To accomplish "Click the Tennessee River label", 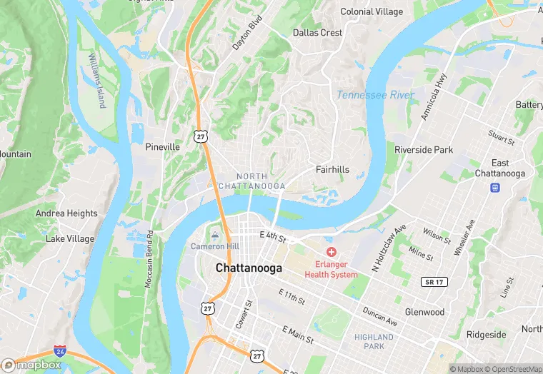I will (375, 95).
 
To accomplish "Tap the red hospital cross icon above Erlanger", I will (332, 252).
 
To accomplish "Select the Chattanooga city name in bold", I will (249, 268).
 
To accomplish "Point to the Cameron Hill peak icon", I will (215, 236).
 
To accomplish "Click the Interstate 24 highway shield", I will (61, 352).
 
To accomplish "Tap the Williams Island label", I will (96, 80).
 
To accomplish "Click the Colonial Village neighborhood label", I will (372, 11).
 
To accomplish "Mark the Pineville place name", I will (162, 146).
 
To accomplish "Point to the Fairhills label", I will (333, 169).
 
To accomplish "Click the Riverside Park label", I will (424, 150).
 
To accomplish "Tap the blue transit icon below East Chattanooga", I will (494, 188).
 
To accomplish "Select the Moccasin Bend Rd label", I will (149, 258).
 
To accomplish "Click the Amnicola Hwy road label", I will (433, 96).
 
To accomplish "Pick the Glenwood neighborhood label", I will (424, 312).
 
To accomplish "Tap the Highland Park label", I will (374, 341).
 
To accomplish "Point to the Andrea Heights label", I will (66, 213).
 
